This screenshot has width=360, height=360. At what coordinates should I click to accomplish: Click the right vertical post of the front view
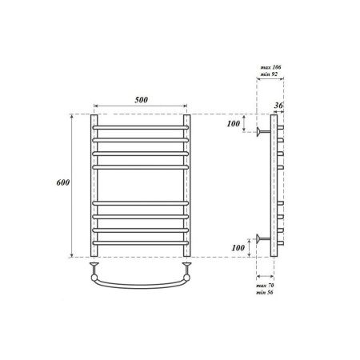[x=189, y=184]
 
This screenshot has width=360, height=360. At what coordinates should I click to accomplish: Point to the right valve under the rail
[x=189, y=264]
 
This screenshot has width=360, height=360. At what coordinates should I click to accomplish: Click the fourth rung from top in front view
[x=142, y=166]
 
